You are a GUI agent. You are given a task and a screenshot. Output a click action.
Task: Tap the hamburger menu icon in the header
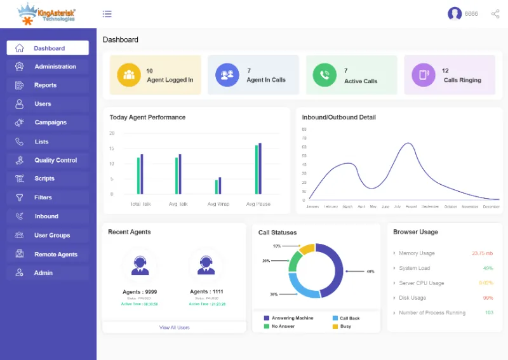[107, 14]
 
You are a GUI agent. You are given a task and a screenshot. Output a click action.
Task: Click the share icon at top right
[495, 13]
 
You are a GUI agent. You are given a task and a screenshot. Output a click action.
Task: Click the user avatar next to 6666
[455, 13]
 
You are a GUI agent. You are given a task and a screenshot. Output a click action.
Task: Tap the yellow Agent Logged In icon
[129, 75]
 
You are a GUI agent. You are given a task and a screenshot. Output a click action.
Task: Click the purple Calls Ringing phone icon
[424, 75]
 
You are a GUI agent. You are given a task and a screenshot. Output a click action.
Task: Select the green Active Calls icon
[324, 75]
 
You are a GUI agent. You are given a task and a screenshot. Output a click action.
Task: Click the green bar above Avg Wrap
[217, 187]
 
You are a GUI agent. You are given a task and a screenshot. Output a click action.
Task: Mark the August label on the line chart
[411, 206]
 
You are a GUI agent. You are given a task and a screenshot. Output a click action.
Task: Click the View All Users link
[174, 328]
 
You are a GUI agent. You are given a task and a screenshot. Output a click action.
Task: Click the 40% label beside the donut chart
[370, 271]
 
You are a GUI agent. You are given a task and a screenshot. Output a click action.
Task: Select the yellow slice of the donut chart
[307, 249]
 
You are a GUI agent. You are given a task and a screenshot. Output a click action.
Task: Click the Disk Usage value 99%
[488, 298]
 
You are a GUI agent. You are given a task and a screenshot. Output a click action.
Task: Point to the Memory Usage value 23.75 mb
[483, 253]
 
